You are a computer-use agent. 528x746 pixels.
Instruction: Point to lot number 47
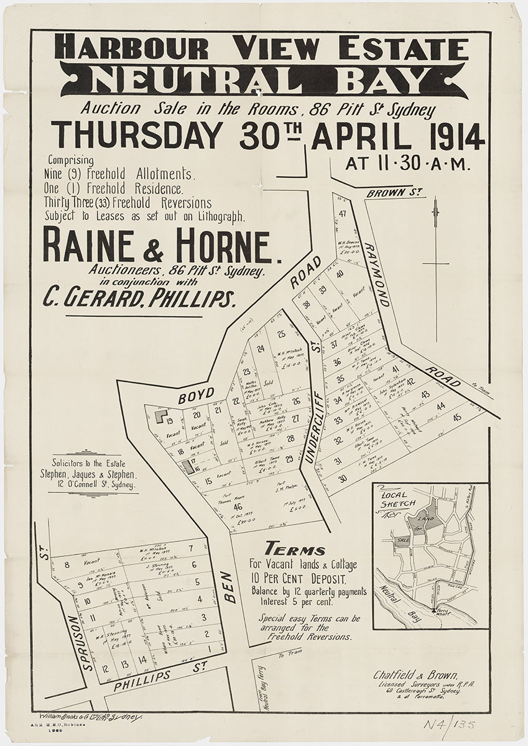342,214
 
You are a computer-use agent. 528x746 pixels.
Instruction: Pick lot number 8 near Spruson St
66,564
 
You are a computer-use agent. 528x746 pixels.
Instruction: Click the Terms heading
295,550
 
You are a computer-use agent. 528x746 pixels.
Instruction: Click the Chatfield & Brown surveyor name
416,675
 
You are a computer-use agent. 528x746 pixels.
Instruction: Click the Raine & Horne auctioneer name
155,246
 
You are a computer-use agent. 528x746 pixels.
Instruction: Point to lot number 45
457,417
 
